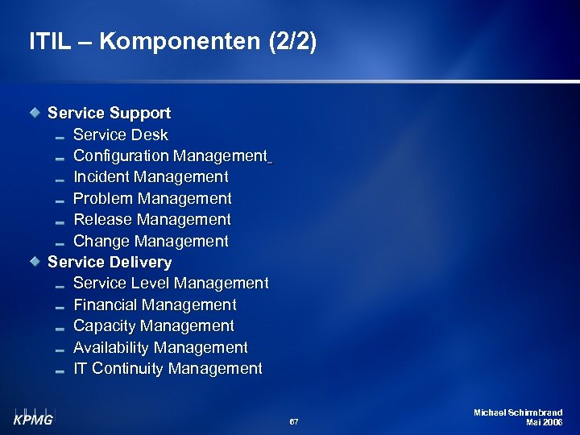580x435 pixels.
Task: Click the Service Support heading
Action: [109, 113]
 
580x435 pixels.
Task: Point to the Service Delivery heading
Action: [110, 262]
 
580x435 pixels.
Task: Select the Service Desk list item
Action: [121, 135]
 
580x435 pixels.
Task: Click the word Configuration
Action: [121, 155]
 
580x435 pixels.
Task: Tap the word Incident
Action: [101, 176]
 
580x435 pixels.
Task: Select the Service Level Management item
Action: [171, 283]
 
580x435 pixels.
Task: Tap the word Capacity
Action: [103, 325]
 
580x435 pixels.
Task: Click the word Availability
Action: [111, 347]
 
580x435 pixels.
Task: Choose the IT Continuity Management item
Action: [168, 368]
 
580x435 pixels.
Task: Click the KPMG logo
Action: [33, 416]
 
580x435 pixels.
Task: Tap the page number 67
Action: [293, 421]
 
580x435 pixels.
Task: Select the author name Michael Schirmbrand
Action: [518, 412]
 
